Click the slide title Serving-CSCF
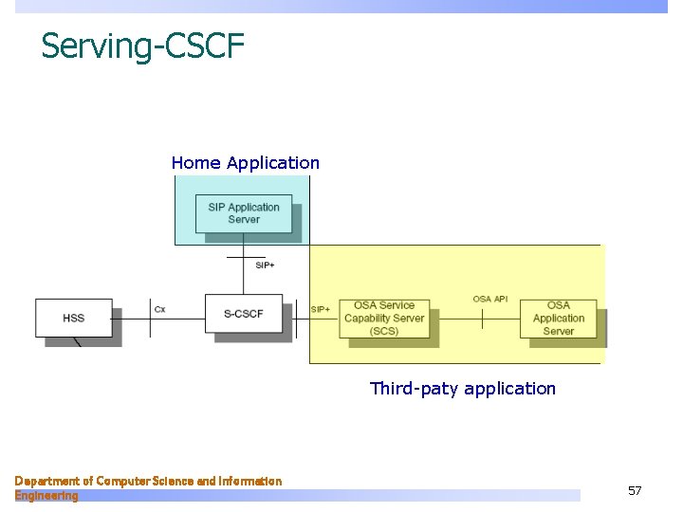(x=142, y=46)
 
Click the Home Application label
(x=245, y=163)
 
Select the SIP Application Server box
(x=244, y=213)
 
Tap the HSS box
(x=74, y=318)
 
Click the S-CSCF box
(x=244, y=314)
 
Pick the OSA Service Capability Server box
(x=384, y=319)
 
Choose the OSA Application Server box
(x=558, y=319)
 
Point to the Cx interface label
(x=159, y=309)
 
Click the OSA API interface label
(x=490, y=300)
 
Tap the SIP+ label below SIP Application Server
(x=265, y=265)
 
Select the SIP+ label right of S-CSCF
(x=321, y=309)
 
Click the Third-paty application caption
(x=463, y=389)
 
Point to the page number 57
(x=635, y=491)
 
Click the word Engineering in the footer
(x=46, y=496)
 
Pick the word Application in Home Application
(x=273, y=163)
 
